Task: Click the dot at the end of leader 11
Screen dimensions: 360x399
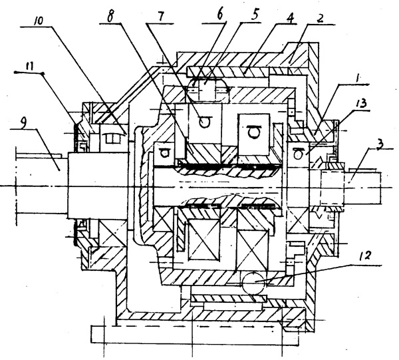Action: coord(42,73)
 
